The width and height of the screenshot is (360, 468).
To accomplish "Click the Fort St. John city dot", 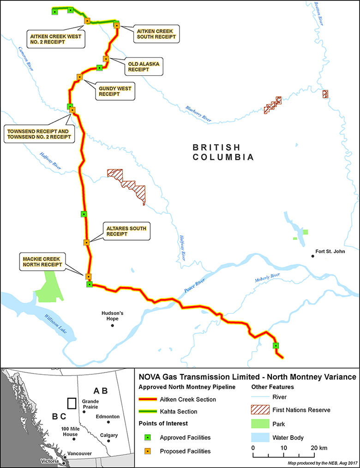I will pyautogui.click(x=312, y=256).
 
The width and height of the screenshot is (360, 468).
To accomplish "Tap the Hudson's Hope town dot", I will pyautogui.click(x=112, y=325).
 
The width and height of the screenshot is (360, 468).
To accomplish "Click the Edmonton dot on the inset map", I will pyautogui.click(x=108, y=422).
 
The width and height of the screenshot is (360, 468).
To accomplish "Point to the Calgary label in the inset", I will pyautogui.click(x=107, y=435).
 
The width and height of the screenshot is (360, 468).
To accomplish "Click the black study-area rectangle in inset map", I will pyautogui.click(x=72, y=403).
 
